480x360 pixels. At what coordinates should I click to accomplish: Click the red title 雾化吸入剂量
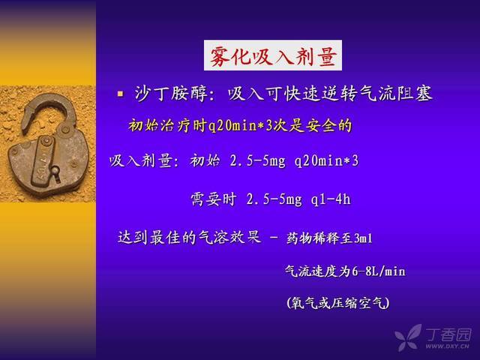point(273,55)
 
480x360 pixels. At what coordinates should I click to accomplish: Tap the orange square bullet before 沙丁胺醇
point(120,93)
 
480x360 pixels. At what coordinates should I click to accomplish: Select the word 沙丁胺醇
point(171,93)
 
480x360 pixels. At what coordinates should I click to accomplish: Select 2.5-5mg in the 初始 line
point(257,161)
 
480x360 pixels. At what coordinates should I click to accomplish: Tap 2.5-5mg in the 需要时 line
point(274,199)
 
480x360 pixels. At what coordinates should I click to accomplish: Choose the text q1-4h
point(331,199)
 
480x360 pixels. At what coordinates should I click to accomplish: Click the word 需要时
point(213,199)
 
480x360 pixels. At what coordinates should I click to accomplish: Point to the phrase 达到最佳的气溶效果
point(190,237)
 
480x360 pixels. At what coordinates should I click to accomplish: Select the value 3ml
point(363,238)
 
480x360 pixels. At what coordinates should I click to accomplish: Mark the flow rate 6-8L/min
point(378,271)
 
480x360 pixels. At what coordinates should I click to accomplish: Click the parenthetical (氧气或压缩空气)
point(338,303)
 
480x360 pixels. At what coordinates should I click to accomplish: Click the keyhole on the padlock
point(55,172)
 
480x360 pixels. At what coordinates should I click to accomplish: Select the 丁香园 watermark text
point(448,334)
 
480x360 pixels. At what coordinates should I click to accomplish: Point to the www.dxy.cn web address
point(447,346)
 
